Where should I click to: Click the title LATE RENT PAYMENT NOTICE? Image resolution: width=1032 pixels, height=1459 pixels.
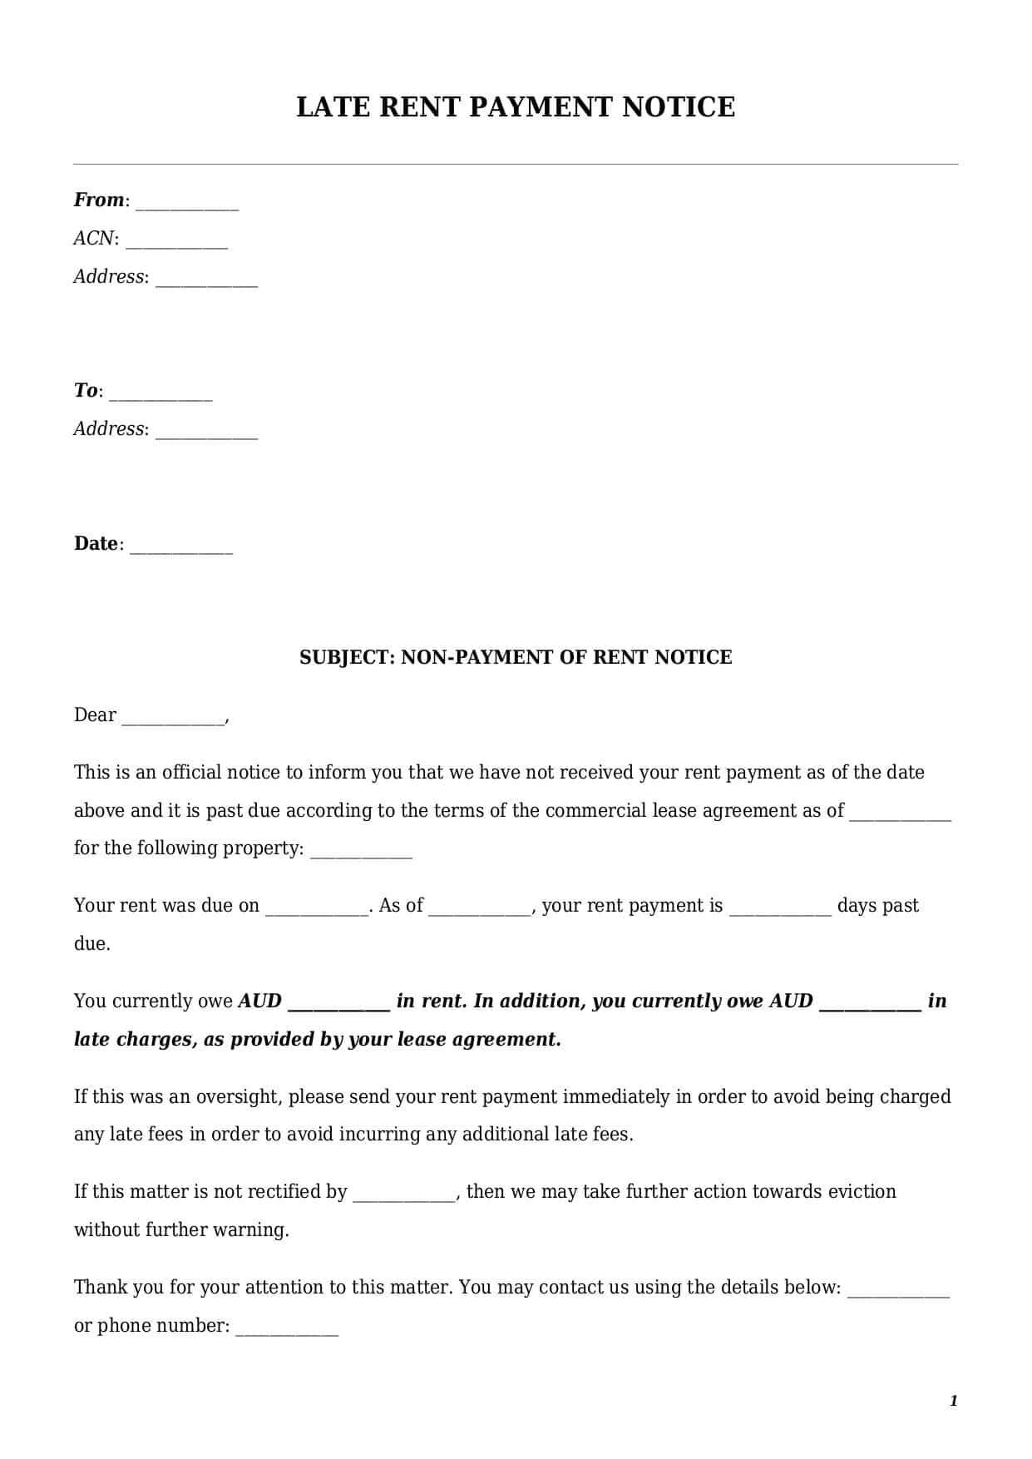tap(516, 107)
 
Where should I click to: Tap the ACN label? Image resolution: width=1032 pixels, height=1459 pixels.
tap(93, 239)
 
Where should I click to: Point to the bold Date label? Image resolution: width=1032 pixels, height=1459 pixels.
tap(96, 544)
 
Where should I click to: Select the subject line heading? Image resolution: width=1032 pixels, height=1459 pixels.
tap(516, 657)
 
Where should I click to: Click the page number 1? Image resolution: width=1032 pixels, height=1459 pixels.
tap(954, 1402)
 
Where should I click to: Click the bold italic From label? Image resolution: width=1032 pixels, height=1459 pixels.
tap(98, 200)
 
